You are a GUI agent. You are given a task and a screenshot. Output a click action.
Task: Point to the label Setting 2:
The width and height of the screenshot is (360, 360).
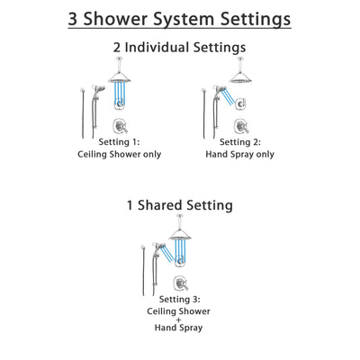pyautogui.click(x=241, y=141)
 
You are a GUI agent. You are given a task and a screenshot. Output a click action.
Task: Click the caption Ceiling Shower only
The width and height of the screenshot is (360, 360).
pyautogui.click(x=118, y=154)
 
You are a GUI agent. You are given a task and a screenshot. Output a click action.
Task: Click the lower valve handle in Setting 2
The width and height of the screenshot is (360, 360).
pyautogui.click(x=241, y=125)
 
